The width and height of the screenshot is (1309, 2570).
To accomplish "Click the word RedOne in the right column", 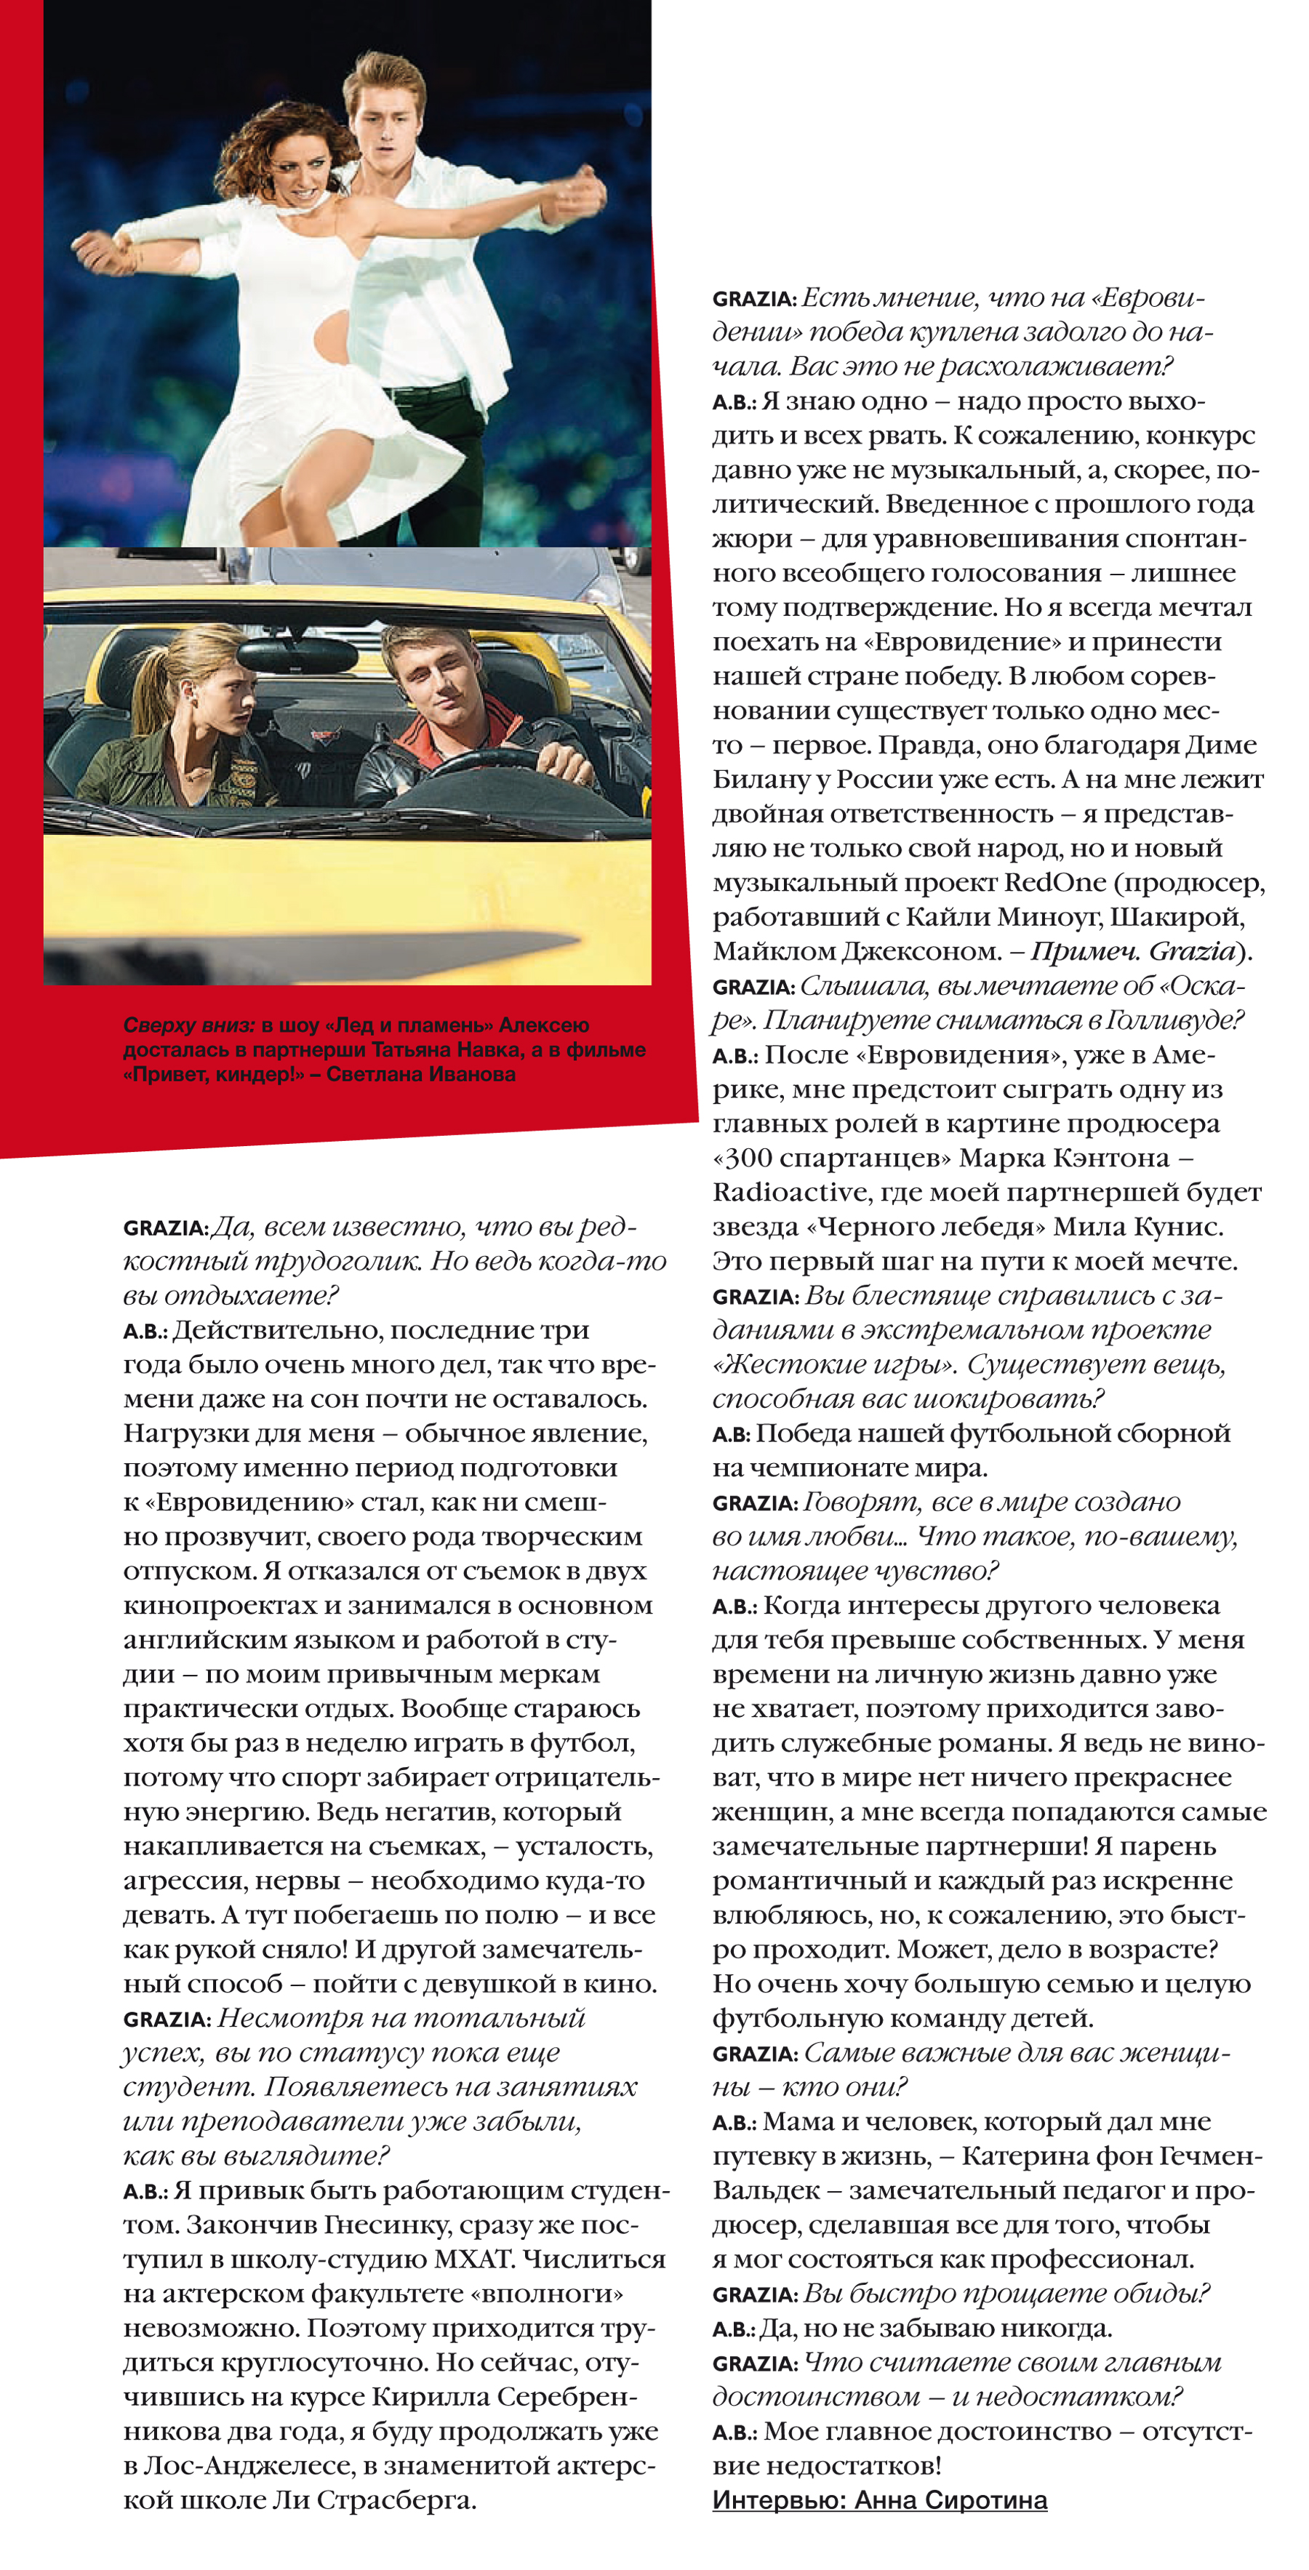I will pyautogui.click(x=1054, y=882).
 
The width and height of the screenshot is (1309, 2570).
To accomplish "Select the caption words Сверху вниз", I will pyautogui.click(x=188, y=1025).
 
